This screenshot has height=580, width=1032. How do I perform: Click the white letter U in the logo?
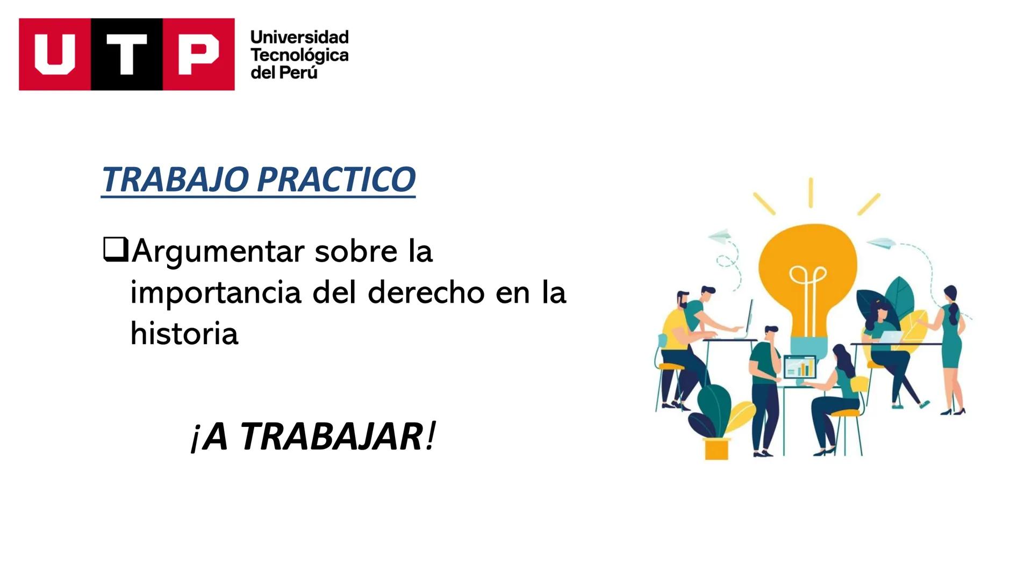click(55, 54)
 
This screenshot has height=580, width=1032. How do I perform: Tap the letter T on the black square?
click(127, 54)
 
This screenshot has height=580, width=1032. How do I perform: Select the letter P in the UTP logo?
click(198, 54)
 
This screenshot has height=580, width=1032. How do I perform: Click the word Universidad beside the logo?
click(299, 37)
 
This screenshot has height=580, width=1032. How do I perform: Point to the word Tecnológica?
click(299, 55)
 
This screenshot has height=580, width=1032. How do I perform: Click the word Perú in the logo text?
click(299, 73)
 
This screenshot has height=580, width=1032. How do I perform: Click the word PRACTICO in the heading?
click(336, 179)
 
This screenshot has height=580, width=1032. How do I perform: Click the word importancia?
click(216, 293)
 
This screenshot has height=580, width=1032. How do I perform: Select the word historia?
click(184, 334)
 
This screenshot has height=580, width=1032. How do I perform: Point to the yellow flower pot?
click(716, 448)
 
